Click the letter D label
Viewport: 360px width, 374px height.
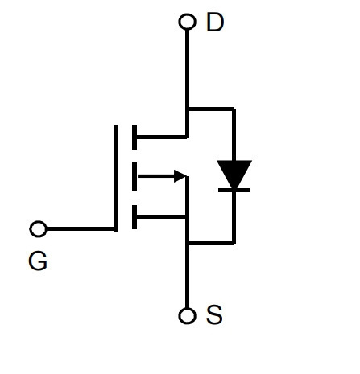[x=215, y=23]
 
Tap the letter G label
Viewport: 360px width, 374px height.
[x=38, y=261]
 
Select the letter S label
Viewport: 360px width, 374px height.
[x=214, y=314]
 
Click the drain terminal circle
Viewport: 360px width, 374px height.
[x=187, y=22]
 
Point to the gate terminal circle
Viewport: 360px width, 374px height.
[x=38, y=229]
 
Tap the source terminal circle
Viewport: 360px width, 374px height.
[x=187, y=315]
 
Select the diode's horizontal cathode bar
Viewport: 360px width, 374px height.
[x=234, y=191]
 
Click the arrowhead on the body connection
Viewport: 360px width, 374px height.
[x=180, y=176]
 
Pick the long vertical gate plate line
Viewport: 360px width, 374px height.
[x=116, y=179]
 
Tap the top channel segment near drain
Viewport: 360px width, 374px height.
[x=134, y=138]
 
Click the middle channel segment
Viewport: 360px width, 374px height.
[x=134, y=176]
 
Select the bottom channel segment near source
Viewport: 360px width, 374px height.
[x=134, y=217]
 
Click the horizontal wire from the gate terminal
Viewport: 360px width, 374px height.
[x=81, y=229]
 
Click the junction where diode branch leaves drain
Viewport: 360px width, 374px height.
[x=188, y=109]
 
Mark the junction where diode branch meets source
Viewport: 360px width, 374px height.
[x=188, y=243]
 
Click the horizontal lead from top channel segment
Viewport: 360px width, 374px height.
[x=161, y=138]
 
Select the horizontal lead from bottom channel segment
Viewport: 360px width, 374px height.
[x=161, y=217]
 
